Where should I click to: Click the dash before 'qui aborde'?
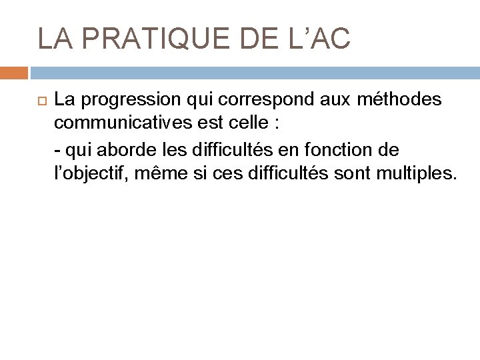click(x=57, y=150)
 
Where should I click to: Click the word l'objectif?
click(x=89, y=175)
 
